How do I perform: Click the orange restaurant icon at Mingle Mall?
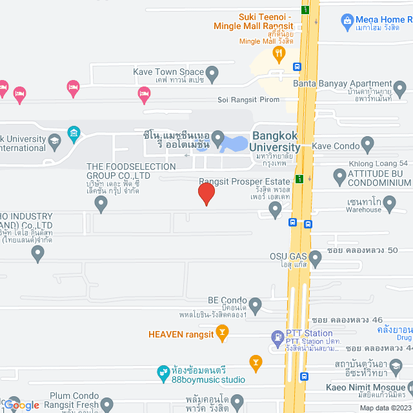279,53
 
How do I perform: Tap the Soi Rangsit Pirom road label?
248,100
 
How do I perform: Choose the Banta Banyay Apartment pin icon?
401,85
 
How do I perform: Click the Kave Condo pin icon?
368,143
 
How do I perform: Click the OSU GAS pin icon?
316,259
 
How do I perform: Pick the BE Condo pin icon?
256,304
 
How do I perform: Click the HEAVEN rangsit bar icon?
223,333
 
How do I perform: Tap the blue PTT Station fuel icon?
277,337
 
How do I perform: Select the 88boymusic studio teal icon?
163,372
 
